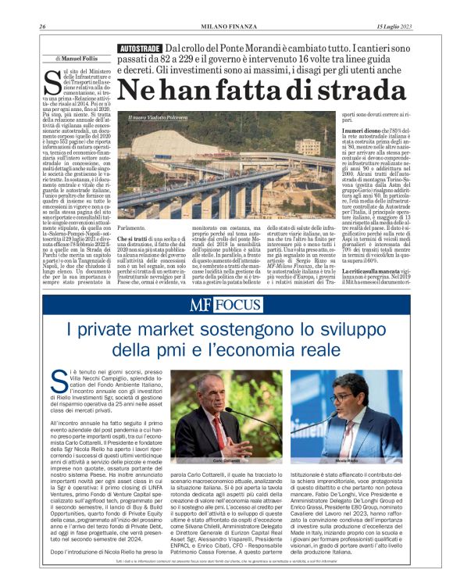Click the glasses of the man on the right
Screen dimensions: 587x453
(347, 396)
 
